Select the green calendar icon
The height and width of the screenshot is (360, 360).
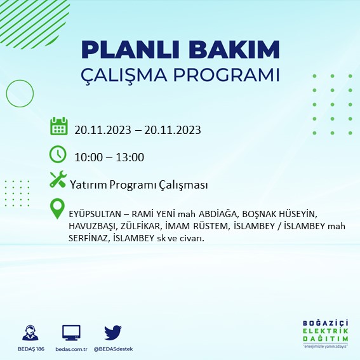pyautogui.click(x=58, y=126)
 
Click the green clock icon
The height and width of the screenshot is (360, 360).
pyautogui.click(x=58, y=154)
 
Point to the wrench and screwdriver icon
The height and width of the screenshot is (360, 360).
pyautogui.click(x=58, y=180)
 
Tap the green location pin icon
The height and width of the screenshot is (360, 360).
pyautogui.click(x=58, y=209)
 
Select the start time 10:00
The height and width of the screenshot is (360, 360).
pyautogui.click(x=88, y=157)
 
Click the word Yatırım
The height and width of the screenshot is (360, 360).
pyautogui.click(x=90, y=185)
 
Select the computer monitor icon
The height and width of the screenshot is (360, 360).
pyautogui.click(x=71, y=333)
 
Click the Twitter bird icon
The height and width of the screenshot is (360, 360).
pyautogui.click(x=112, y=333)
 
